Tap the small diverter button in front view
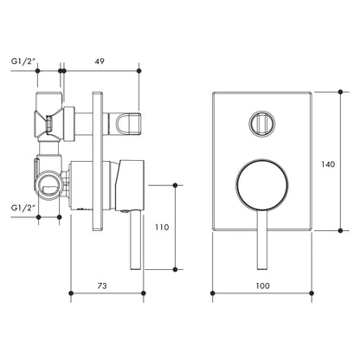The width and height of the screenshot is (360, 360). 259,124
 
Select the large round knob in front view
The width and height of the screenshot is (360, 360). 259,185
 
